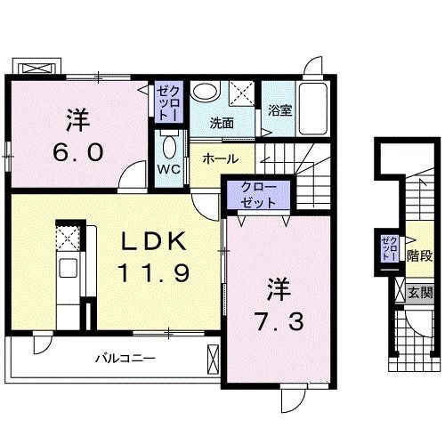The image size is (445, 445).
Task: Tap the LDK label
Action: click(x=153, y=241)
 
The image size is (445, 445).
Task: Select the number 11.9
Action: click(x=153, y=271)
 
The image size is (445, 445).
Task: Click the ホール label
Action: click(x=219, y=158)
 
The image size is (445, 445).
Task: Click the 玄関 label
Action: click(x=419, y=292)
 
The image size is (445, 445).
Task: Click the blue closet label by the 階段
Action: click(x=389, y=248)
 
